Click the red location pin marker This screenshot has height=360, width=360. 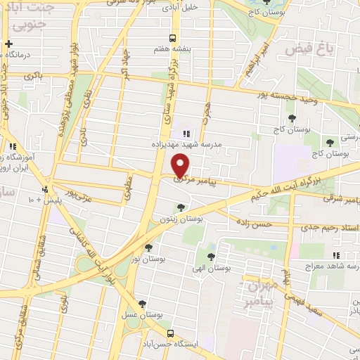(181, 165)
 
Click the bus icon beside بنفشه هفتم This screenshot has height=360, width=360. (172, 39)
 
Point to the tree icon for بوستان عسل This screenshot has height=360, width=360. (143, 304)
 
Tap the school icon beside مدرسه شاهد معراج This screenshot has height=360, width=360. (335, 255)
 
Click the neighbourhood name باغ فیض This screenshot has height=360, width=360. (309, 49)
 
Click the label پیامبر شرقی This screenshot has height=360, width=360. (341, 201)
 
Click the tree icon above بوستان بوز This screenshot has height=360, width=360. (148, 247)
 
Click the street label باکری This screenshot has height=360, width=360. (32, 74)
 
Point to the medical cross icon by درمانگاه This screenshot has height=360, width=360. (8, 44)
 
